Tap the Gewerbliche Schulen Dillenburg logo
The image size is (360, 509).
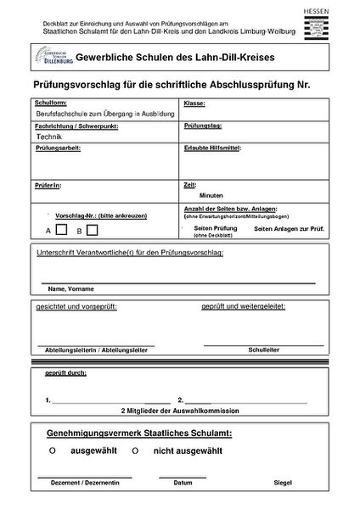[x=52, y=58]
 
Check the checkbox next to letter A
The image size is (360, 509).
[x=61, y=229]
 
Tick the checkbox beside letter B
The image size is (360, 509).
[x=92, y=229]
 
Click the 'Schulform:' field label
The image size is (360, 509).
[x=50, y=103]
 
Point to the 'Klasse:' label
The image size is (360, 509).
[x=194, y=103]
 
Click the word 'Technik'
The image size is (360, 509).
[x=49, y=135]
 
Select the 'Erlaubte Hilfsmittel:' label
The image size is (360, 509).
[x=212, y=147]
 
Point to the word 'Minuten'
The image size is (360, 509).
[x=211, y=194]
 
